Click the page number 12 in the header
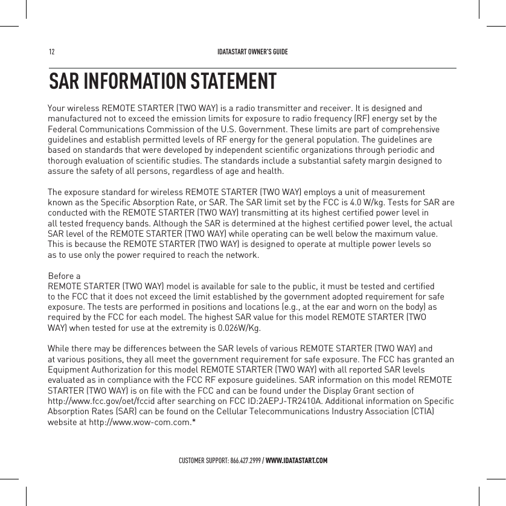(51, 51)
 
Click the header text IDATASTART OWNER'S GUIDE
(252, 51)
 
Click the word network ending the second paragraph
(243, 255)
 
